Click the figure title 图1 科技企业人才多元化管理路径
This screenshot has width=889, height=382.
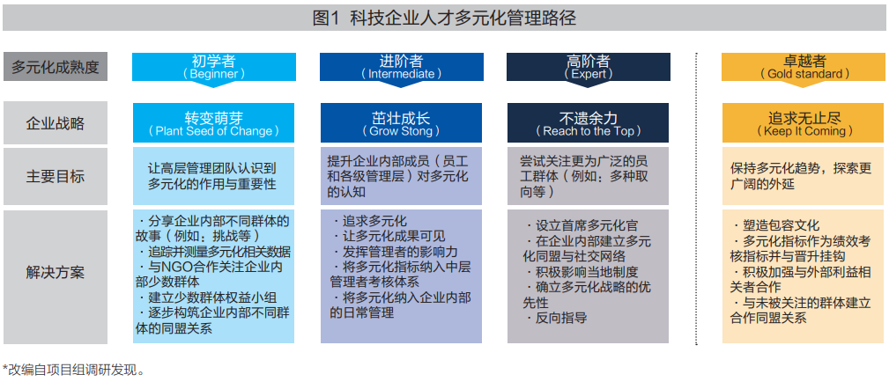click(x=444, y=18)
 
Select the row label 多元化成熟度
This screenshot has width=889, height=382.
click(x=56, y=67)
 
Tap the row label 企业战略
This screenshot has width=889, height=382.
click(x=56, y=123)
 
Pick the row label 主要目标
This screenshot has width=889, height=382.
click(x=56, y=176)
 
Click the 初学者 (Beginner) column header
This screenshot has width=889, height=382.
click(x=213, y=67)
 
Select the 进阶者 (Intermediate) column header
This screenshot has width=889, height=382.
click(x=401, y=67)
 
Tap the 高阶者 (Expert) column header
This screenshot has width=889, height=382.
click(x=588, y=67)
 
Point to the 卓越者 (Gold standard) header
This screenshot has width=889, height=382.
click(x=804, y=67)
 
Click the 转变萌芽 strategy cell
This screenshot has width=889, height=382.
click(x=213, y=123)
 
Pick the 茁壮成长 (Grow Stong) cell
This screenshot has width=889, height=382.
click(x=401, y=123)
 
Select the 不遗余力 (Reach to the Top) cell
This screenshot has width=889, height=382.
click(x=588, y=123)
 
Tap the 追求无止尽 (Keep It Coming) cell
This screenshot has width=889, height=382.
click(x=804, y=123)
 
